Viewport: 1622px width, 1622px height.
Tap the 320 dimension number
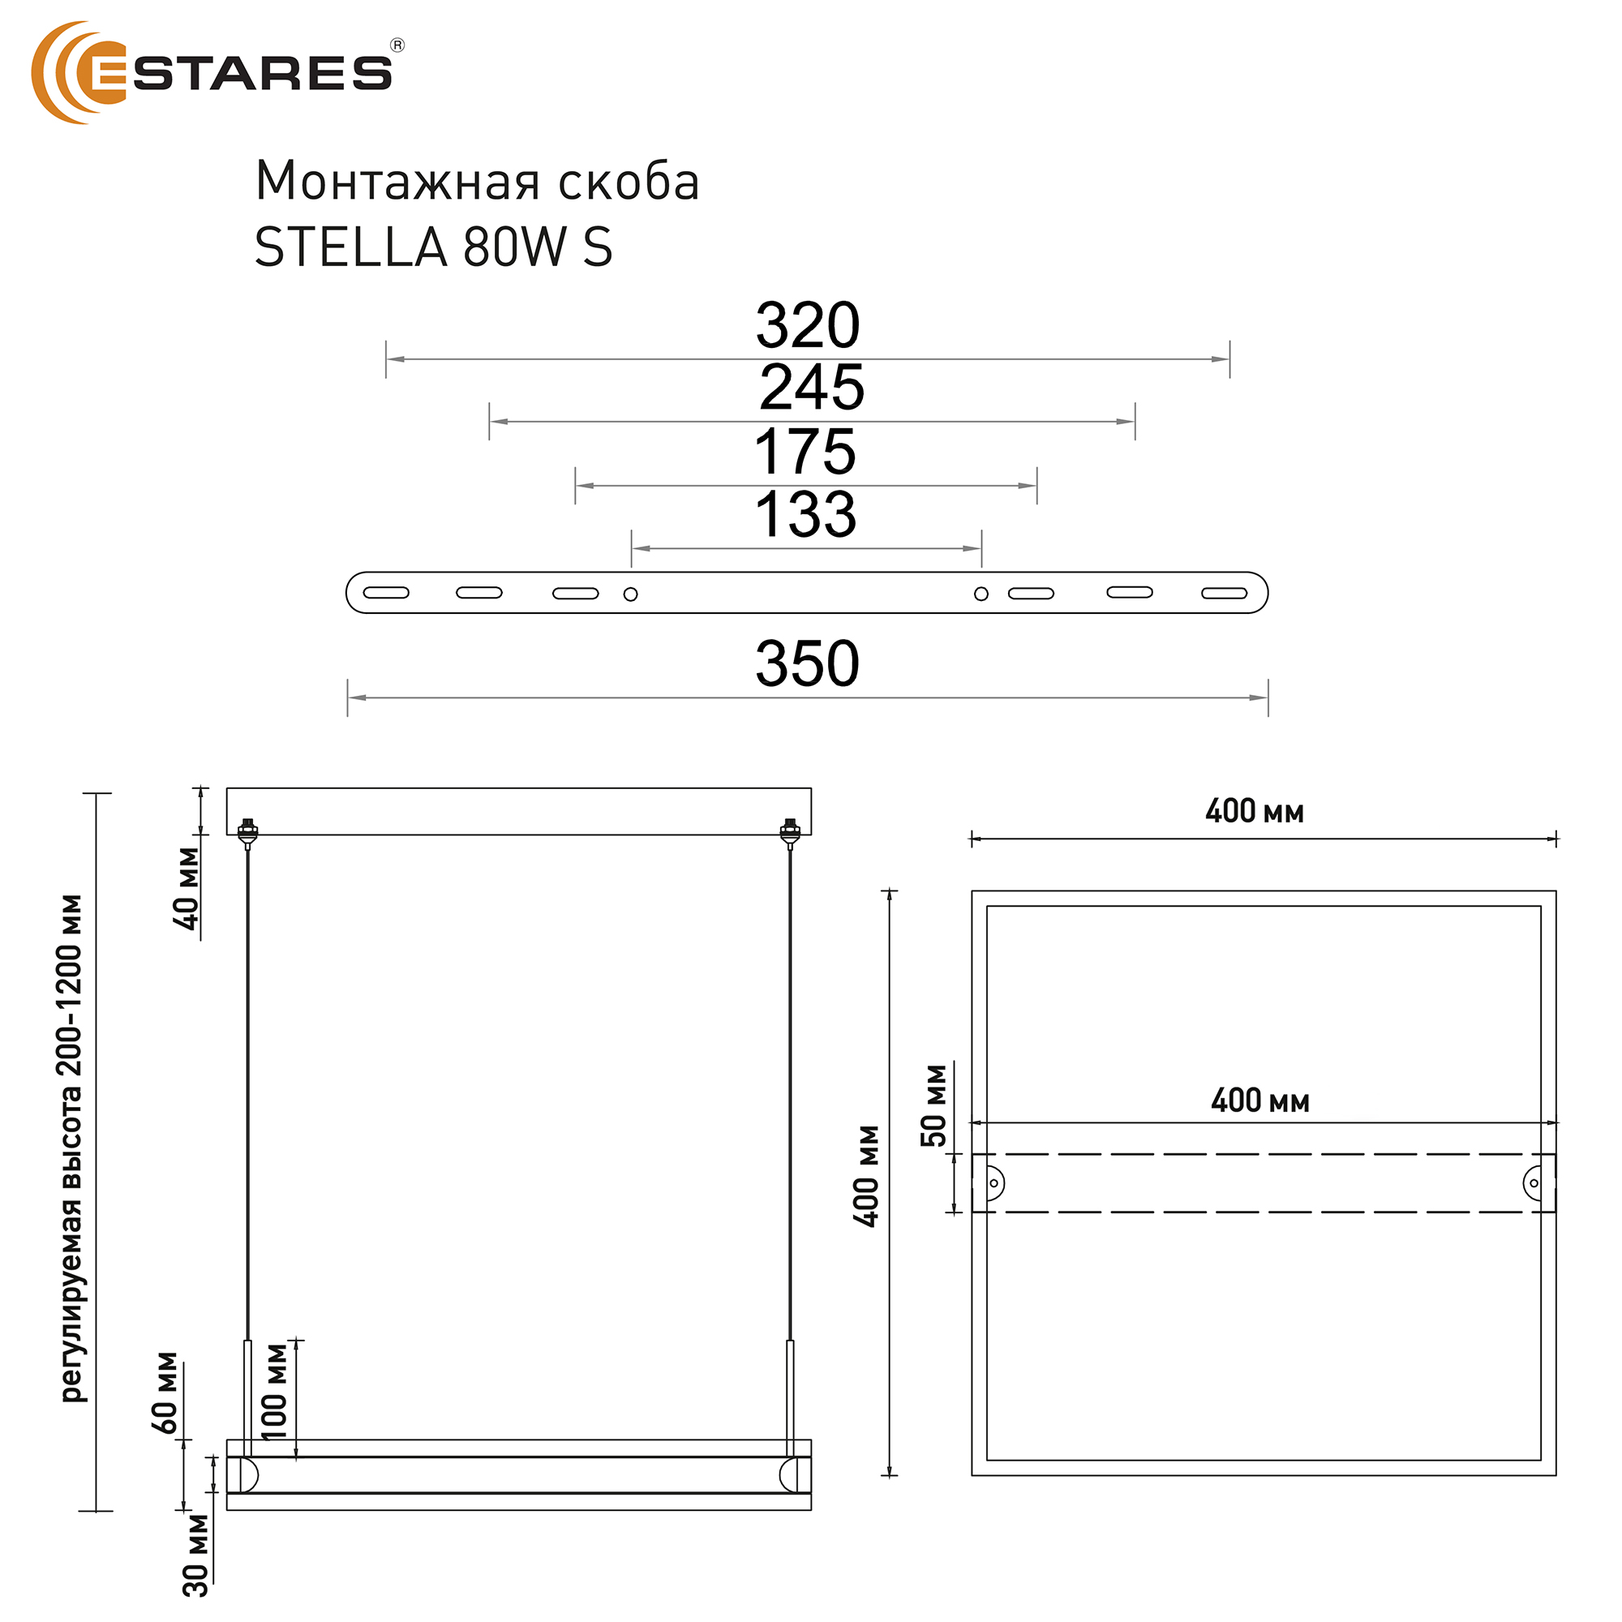point(807,326)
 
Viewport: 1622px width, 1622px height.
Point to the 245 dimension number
point(811,388)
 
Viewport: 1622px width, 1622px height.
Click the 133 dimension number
point(805,515)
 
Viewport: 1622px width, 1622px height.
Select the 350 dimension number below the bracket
point(807,664)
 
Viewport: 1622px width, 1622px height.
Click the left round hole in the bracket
point(630,594)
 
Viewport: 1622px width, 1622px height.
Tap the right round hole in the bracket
point(980,594)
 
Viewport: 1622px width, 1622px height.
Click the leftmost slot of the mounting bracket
point(386,593)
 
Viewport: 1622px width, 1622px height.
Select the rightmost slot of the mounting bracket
point(1224,594)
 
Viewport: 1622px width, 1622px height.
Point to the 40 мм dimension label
point(187,888)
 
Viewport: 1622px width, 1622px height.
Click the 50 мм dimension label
point(933,1105)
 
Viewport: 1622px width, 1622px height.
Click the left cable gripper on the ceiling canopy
point(247,831)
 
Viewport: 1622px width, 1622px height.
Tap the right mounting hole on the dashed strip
point(1533,1184)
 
